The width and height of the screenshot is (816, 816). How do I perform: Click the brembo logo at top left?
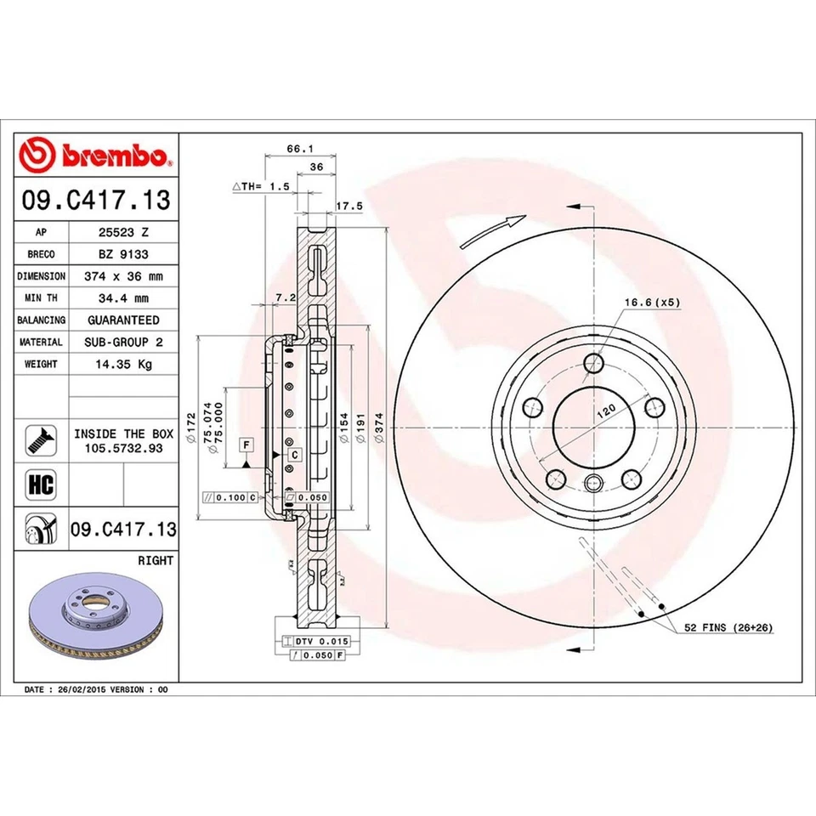pos(96,156)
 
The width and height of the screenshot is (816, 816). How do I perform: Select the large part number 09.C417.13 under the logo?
pos(96,201)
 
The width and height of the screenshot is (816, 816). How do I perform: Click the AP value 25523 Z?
pos(123,232)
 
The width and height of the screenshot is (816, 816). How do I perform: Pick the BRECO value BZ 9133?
pos(123,254)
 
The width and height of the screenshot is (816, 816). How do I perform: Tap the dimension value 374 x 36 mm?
pos(123,276)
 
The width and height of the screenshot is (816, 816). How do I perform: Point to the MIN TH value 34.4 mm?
pos(123,298)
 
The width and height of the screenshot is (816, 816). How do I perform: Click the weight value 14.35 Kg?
pos(123,364)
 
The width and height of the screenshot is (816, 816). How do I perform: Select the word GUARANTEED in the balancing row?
pos(123,320)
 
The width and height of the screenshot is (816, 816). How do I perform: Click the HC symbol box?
pos(42,485)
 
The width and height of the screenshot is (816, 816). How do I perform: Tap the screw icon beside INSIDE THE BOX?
pos(42,439)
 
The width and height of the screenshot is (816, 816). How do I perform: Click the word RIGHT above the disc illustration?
pos(155,561)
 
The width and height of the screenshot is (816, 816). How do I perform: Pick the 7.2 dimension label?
pos(286,297)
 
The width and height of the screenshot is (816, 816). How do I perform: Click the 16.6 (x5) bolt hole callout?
pos(653,302)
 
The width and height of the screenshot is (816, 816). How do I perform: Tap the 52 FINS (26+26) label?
pos(729,627)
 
